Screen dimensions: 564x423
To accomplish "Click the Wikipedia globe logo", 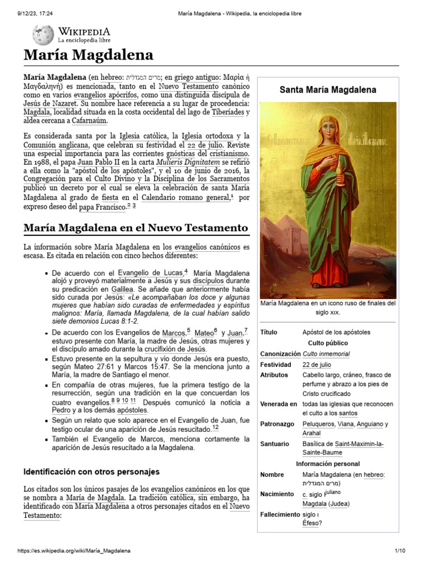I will (x=43, y=35).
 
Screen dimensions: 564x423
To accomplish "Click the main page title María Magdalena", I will (x=88, y=56).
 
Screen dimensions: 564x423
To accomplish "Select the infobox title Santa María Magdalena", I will (x=328, y=89).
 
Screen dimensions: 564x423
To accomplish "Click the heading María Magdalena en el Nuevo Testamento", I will (x=135, y=227).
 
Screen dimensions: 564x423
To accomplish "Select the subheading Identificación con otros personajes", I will (x=91, y=471).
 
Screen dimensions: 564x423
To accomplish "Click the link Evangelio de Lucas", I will (x=150, y=273).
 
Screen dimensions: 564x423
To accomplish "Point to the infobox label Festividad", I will (x=275, y=365).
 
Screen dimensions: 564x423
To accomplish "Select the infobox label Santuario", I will (x=274, y=443).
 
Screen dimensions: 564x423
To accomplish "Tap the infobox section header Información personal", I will (x=328, y=464).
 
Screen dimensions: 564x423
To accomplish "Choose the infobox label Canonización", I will (x=279, y=354).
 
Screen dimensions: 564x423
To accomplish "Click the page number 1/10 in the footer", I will (x=399, y=551).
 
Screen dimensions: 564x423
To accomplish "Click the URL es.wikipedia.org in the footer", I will (x=74, y=551).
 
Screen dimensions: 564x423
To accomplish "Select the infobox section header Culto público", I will (x=328, y=343).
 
